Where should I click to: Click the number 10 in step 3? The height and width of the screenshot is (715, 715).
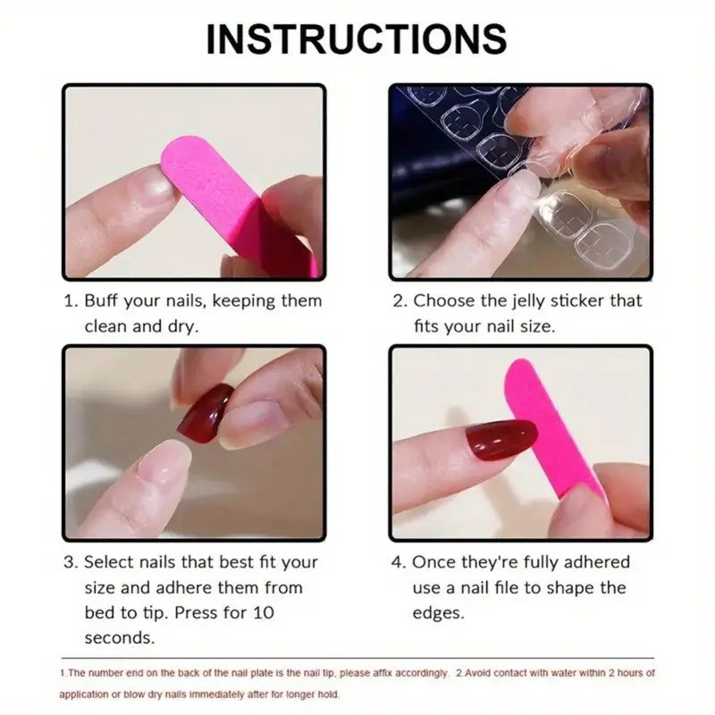264,613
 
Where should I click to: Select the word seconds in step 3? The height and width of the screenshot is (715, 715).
119,638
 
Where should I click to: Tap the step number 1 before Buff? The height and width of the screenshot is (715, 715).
68,301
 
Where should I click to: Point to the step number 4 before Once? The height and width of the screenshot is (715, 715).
398,562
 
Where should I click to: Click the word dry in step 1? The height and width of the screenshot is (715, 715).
181,326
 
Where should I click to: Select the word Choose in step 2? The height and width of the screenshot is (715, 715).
442,301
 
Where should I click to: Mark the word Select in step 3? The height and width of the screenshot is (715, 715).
108,562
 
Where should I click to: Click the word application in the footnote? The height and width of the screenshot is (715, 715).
87,694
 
